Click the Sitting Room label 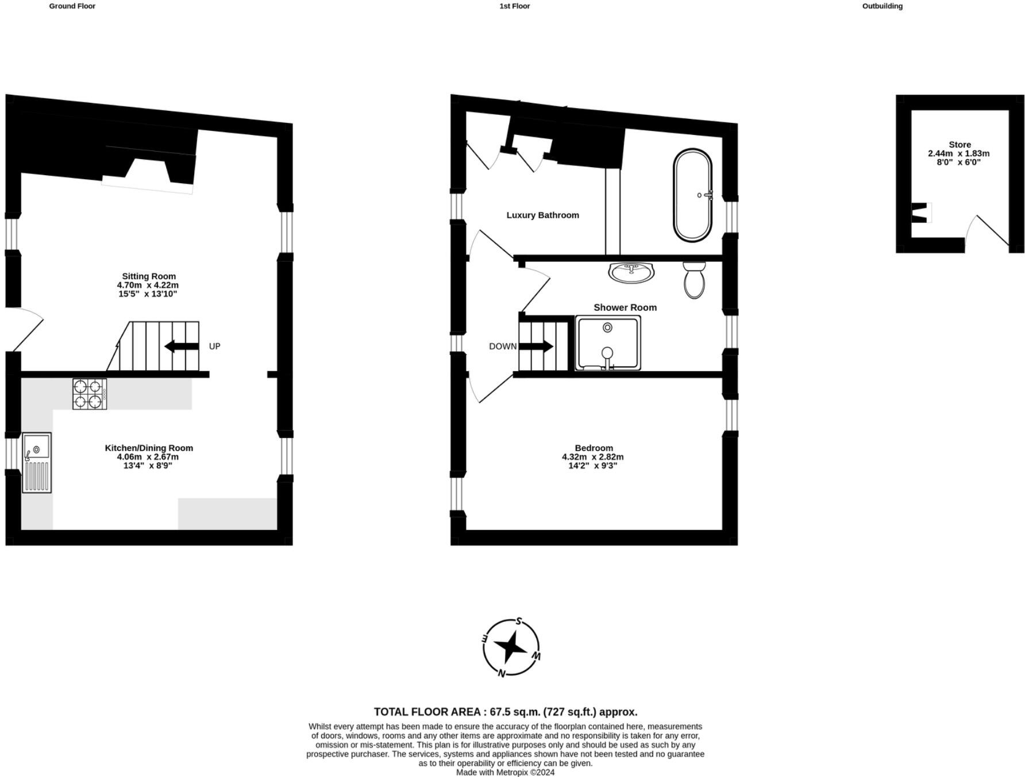point(148,276)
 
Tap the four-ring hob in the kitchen point(90,394)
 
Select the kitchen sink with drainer point(37,462)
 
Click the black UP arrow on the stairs point(181,346)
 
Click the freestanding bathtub point(692,195)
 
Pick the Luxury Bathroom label point(542,215)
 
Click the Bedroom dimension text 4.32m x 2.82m point(592,457)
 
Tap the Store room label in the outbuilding point(960,145)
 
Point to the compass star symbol point(511,647)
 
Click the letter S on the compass point(519,621)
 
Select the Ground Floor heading point(72,6)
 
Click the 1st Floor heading point(514,6)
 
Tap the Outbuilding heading point(882,6)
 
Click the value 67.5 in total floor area point(500,712)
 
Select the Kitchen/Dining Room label point(149,448)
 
